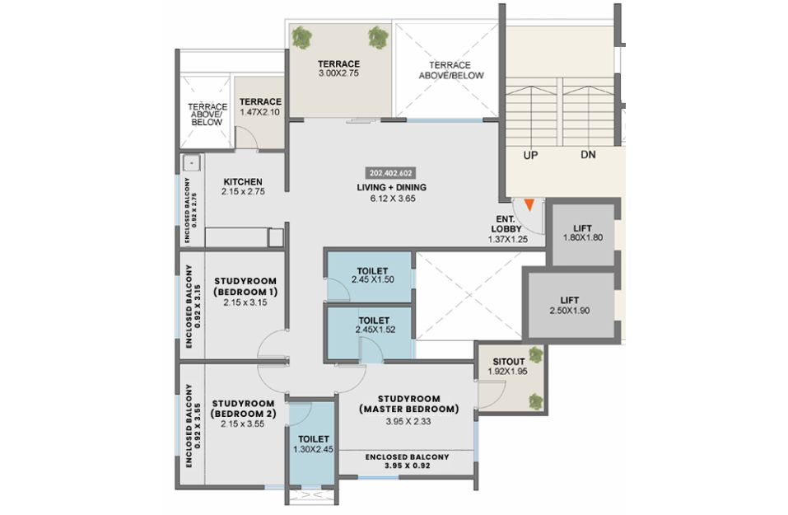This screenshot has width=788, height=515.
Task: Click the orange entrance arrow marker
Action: pos(529,204)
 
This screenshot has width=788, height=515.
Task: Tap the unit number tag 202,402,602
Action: pos(391,173)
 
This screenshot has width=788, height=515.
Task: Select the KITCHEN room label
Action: pos(243,181)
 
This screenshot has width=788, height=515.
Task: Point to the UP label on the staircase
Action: pos(530,156)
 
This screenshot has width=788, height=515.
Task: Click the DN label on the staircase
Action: pos(588,154)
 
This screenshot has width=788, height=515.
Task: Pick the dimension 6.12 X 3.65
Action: pos(393,199)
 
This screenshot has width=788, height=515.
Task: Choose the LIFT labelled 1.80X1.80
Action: pos(583,233)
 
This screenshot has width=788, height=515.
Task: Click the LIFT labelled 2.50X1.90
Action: pos(570,305)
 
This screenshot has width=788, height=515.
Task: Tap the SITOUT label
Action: pos(509,362)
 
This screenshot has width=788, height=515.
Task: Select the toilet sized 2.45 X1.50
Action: pos(372,275)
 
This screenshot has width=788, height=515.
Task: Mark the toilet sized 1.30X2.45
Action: pos(313,443)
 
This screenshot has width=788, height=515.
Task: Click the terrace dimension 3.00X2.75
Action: pos(338,73)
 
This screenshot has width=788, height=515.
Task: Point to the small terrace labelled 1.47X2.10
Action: pos(260,107)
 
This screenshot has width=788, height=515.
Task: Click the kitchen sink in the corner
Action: pos(192,163)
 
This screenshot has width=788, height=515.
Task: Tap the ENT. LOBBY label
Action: pos(506,224)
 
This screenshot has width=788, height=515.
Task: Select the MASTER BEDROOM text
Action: pos(409,409)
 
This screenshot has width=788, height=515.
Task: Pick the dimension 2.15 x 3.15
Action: pos(245,302)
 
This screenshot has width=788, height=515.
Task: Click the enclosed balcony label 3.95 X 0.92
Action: pos(407,466)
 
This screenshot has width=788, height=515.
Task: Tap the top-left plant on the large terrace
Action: pos(302,38)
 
